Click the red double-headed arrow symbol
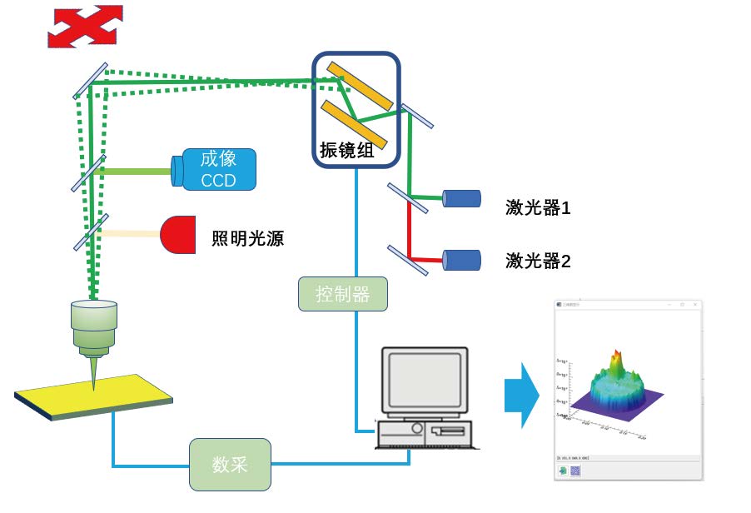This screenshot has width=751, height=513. [84, 26]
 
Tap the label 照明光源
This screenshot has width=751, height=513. [248, 240]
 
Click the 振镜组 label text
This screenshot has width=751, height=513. [347, 151]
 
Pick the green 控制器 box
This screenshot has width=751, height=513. [343, 294]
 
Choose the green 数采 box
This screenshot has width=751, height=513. [230, 465]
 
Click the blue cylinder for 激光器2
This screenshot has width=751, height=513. [461, 260]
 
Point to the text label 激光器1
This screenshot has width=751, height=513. [538, 207]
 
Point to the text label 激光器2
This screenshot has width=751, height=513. [538, 261]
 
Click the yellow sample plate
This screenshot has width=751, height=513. [93, 397]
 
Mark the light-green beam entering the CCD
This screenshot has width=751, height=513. [137, 172]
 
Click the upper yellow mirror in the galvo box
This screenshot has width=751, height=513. [359, 85]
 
